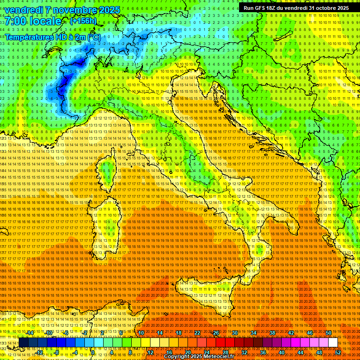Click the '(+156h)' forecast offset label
click(x=83, y=21)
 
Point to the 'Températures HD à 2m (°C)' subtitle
click(x=52, y=37)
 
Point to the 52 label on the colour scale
click(x=338, y=352)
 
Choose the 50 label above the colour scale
click(x=328, y=333)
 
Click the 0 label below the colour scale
click(x=93, y=352)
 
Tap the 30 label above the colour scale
click(x=235, y=333)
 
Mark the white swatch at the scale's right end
click(x=333, y=343)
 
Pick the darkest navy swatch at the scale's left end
click(x=23, y=343)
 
